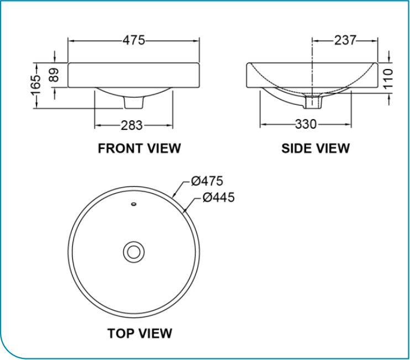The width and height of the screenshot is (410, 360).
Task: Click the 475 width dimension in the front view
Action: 133,40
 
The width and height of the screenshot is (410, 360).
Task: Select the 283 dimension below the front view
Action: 132,125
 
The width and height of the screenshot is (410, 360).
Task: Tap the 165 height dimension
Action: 36,85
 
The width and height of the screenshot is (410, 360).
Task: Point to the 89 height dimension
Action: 54,75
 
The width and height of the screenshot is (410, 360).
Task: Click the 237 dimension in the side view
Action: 345,40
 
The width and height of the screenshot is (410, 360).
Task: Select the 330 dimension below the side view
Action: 306,124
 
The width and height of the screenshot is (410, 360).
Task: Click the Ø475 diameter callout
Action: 207,181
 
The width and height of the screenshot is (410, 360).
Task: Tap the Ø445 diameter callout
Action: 218,197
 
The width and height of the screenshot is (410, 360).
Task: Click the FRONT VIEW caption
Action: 139,148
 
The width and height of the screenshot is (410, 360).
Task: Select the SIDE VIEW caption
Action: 316,148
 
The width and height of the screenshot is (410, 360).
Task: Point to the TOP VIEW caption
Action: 139,333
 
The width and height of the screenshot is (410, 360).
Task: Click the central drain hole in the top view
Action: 133,252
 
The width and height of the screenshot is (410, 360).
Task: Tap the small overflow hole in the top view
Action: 133,204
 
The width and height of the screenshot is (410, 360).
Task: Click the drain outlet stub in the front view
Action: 133,102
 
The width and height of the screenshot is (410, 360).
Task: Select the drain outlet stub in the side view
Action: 313,102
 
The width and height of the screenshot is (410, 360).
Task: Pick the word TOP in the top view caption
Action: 120,333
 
